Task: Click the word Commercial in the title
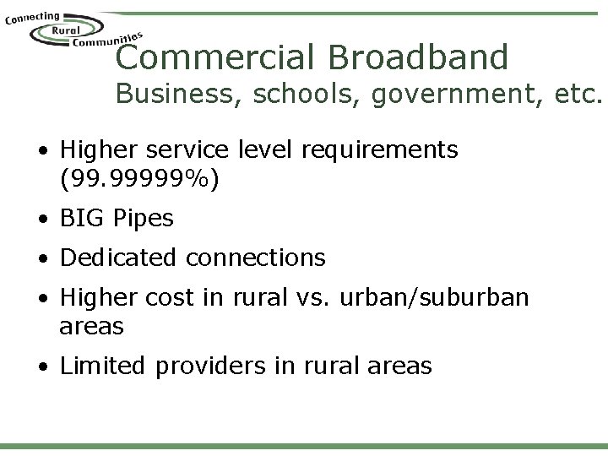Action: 214,57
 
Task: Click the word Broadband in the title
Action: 419,57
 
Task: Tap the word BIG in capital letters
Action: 83,218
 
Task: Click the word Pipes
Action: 144,219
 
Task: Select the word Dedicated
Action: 119,257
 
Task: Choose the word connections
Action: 256,257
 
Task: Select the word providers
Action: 213,366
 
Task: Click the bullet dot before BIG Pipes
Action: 43,219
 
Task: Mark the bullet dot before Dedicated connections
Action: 43,258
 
